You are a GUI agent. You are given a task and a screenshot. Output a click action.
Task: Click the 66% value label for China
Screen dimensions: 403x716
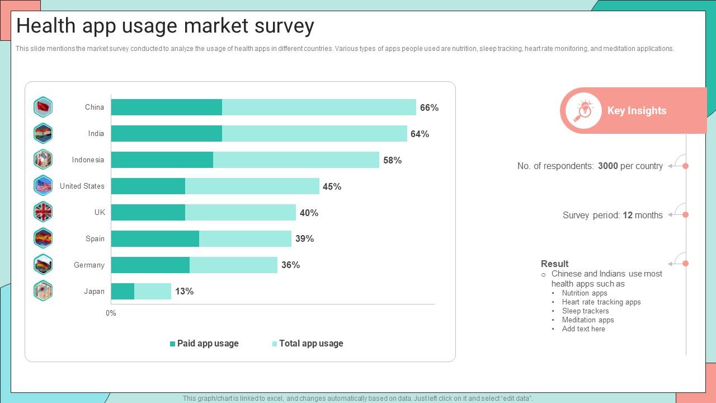(x=429, y=107)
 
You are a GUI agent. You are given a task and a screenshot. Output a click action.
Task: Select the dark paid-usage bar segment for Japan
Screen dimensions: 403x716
(x=123, y=291)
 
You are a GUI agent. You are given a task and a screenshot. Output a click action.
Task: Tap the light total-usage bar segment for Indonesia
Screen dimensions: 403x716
(x=296, y=160)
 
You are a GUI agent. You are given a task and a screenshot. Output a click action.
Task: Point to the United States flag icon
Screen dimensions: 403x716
(x=43, y=185)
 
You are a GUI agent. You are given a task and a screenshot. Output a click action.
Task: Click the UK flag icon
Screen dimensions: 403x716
(x=43, y=212)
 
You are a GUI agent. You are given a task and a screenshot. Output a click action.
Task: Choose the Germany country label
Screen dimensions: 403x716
(x=89, y=265)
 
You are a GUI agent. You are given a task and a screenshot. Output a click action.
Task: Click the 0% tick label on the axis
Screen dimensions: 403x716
(x=111, y=313)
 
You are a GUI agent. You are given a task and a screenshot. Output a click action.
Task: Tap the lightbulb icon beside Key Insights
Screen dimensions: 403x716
(x=583, y=110)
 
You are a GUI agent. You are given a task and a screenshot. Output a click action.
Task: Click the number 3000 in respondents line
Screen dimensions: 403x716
(x=607, y=166)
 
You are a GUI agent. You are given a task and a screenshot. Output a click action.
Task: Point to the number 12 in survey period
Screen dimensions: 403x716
(x=627, y=215)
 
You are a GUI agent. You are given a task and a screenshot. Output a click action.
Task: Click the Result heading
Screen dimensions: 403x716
(x=554, y=264)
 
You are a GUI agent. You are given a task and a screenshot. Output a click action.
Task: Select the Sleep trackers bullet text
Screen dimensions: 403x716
(x=585, y=311)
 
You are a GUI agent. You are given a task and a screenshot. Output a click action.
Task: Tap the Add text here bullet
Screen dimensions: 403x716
(x=583, y=329)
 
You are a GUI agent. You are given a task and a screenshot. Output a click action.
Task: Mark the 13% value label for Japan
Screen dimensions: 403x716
(x=184, y=291)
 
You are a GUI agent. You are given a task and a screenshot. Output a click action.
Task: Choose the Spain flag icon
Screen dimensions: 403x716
(x=43, y=238)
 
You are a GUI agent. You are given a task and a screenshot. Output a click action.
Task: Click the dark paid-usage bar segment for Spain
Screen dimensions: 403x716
(x=155, y=238)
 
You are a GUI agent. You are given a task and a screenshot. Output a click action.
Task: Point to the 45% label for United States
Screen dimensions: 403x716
(x=332, y=186)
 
